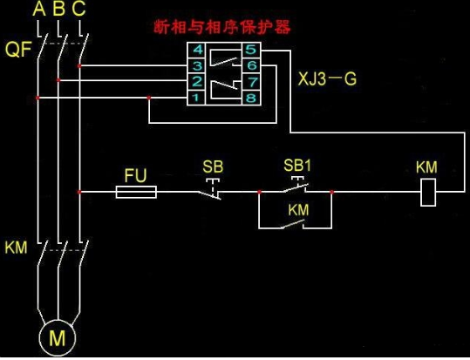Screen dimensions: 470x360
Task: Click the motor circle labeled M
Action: (x=58, y=338)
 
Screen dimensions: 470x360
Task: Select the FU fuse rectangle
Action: (x=136, y=192)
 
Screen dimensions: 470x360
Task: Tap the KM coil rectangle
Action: (x=428, y=193)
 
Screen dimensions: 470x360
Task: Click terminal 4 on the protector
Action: (x=197, y=50)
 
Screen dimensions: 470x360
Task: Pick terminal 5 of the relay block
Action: (x=251, y=49)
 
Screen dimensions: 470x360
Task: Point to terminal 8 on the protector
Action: (x=251, y=98)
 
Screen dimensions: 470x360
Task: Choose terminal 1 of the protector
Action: (x=195, y=98)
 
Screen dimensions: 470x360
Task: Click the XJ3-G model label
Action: (x=327, y=79)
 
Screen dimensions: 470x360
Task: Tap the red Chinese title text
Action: (x=222, y=28)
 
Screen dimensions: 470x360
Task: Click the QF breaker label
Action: (x=18, y=49)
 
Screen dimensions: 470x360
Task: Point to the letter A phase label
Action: (x=39, y=9)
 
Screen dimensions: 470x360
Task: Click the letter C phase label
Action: (x=78, y=9)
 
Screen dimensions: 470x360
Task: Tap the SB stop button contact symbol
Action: (x=211, y=189)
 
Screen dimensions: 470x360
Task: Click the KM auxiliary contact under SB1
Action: (x=294, y=224)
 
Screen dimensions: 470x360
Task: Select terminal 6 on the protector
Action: (x=251, y=65)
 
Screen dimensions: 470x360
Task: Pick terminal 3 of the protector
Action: (x=197, y=65)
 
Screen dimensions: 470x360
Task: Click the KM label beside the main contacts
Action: (x=16, y=248)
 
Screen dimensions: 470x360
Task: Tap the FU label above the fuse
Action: (x=135, y=175)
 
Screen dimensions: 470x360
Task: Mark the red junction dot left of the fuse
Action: (x=79, y=192)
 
